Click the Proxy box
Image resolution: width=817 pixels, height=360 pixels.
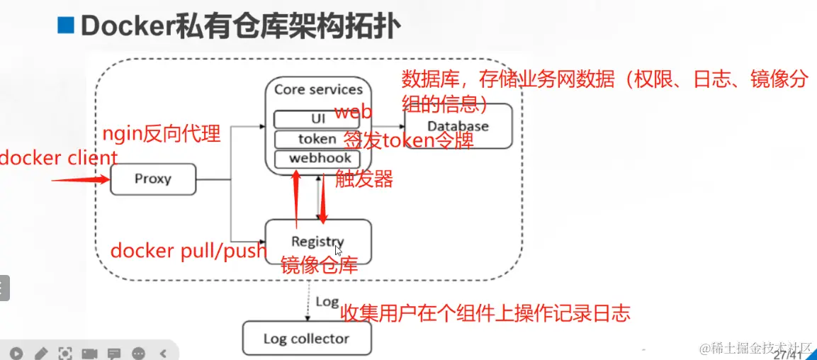click(152, 179)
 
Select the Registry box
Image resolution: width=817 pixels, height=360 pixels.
click(317, 242)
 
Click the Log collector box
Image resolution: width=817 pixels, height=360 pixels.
click(306, 338)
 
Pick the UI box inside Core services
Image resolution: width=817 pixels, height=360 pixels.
click(317, 118)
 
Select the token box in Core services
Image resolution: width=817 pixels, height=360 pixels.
click(317, 139)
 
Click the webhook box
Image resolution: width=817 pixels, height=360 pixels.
click(317, 158)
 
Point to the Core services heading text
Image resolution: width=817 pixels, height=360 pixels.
click(318, 89)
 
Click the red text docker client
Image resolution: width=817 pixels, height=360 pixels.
click(58, 158)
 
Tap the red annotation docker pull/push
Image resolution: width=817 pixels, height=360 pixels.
click(188, 250)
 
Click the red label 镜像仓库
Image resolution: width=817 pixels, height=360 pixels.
click(319, 266)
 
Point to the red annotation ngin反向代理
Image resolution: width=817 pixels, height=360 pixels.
click(162, 133)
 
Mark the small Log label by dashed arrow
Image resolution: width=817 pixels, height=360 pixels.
click(327, 302)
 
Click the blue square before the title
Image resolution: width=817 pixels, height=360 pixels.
click(66, 26)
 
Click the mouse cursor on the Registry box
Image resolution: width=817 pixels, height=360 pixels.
click(339, 250)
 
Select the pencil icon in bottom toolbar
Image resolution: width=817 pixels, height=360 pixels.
click(40, 352)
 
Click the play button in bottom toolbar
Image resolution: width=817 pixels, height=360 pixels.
click(16, 352)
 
